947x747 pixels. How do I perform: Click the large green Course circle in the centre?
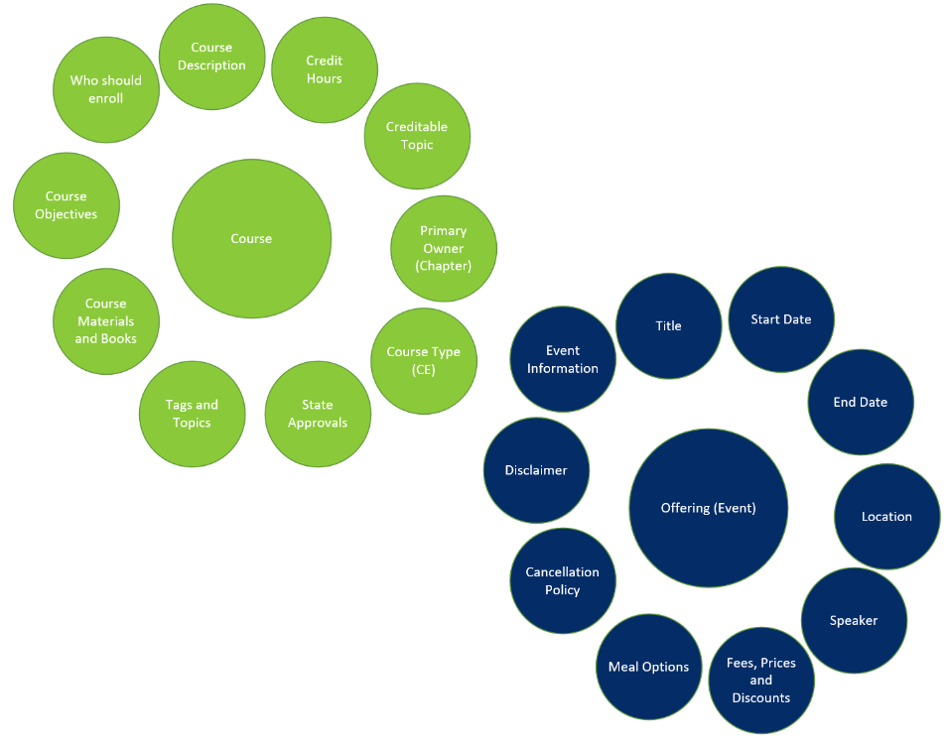251,238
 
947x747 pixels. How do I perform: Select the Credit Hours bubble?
325,70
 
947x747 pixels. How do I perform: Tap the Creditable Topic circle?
417,136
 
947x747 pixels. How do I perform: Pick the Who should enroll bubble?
106,90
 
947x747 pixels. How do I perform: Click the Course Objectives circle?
67,205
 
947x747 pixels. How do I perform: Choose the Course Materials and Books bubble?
106,321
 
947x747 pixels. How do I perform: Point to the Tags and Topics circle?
192,414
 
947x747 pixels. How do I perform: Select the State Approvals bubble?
318,414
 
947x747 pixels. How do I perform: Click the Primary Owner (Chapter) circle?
444,249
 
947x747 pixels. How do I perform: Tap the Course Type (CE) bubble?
424,361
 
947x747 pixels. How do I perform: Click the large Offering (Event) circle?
709,508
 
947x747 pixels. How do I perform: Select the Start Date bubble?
781,319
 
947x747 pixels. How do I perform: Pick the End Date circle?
861,402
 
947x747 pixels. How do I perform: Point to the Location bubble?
887,517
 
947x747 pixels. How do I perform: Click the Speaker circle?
854,620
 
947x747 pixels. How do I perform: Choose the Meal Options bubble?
649,667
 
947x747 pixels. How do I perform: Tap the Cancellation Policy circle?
563,580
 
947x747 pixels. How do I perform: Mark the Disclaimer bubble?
536,470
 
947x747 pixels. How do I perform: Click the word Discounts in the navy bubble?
761,698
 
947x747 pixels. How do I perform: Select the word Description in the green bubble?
211,65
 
